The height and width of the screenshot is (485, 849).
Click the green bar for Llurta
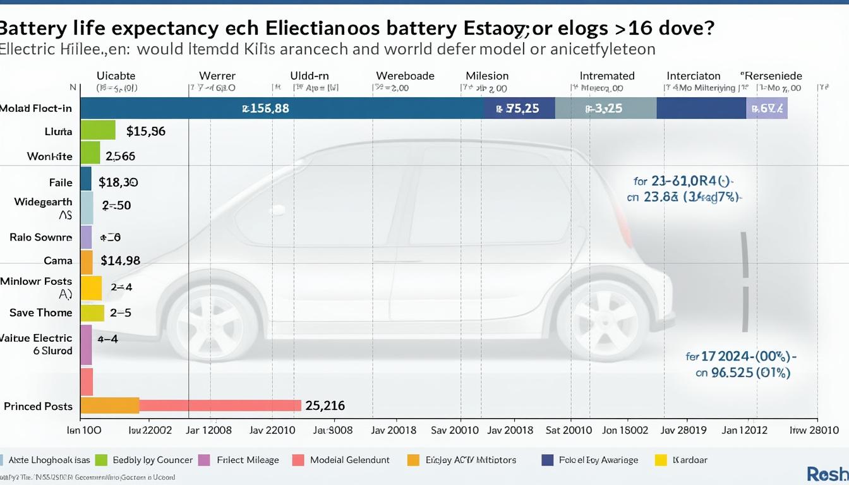98,130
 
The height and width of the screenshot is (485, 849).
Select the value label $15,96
146,131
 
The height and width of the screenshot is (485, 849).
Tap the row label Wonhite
50,156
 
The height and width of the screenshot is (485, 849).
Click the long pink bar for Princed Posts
219,405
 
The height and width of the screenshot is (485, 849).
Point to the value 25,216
325,405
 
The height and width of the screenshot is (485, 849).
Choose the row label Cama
58,260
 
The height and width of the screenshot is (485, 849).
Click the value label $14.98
120,260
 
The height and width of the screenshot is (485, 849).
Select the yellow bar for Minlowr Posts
91,287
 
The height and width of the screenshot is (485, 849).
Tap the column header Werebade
405,76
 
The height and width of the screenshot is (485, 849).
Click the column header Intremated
607,76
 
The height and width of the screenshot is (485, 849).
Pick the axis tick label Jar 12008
209,431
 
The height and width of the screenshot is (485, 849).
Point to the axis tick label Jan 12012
745,431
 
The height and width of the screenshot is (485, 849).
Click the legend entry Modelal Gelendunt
350,460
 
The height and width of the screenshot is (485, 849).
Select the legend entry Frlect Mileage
248,460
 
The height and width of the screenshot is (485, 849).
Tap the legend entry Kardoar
690,460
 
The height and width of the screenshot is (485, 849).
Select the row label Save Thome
41,313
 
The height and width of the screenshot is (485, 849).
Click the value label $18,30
119,183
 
